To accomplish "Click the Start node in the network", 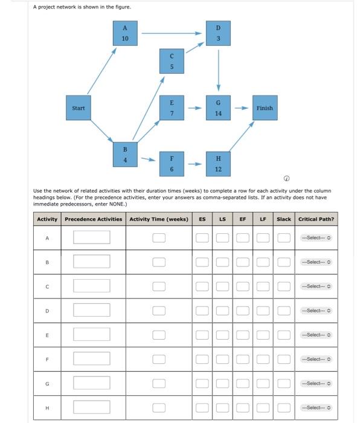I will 79,108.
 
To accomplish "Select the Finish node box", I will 264,108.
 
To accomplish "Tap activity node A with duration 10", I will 125,33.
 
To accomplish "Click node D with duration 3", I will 219,33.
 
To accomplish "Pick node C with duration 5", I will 172,62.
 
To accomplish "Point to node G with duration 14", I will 219,108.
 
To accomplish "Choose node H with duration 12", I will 219,163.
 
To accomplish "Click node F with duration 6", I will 172,163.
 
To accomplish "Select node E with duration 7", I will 172,108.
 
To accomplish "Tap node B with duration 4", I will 125,154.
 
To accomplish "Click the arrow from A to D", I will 172,33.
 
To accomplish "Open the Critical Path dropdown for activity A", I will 317,237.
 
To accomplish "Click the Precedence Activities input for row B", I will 92,262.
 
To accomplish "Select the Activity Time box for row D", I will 158,311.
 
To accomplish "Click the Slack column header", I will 284,219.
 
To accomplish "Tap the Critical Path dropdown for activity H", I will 317,407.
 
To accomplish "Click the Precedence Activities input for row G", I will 92,383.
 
